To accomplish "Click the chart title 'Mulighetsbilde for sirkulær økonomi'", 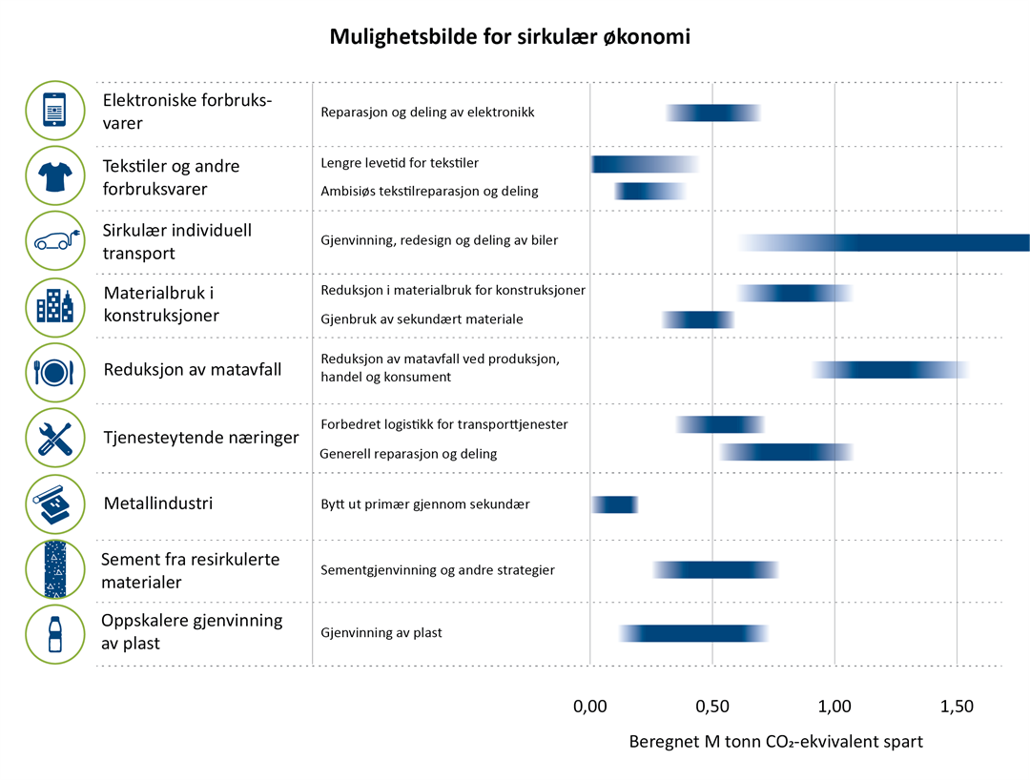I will point(509,37).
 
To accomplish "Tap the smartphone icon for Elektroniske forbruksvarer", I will point(54,111).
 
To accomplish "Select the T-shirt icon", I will point(54,176).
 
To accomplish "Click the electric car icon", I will point(54,241).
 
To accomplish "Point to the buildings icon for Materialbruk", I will point(54,306).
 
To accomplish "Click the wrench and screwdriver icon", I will point(54,437).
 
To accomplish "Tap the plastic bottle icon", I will point(54,632).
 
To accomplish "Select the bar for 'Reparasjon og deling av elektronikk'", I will point(712,113).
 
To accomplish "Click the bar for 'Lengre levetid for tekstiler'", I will point(645,164).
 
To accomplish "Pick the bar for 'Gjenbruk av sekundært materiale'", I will point(698,319).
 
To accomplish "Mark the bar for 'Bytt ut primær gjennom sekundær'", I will point(614,504).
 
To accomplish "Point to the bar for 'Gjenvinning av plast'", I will point(693,633).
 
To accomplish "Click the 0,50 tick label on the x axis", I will point(712,707).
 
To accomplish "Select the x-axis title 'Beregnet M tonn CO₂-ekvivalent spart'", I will point(775,741).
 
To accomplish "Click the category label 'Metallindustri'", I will point(157,503).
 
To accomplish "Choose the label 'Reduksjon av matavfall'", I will point(193,369).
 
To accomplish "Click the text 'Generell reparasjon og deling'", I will point(409,454).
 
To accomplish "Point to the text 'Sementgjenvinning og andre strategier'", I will point(438,570).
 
